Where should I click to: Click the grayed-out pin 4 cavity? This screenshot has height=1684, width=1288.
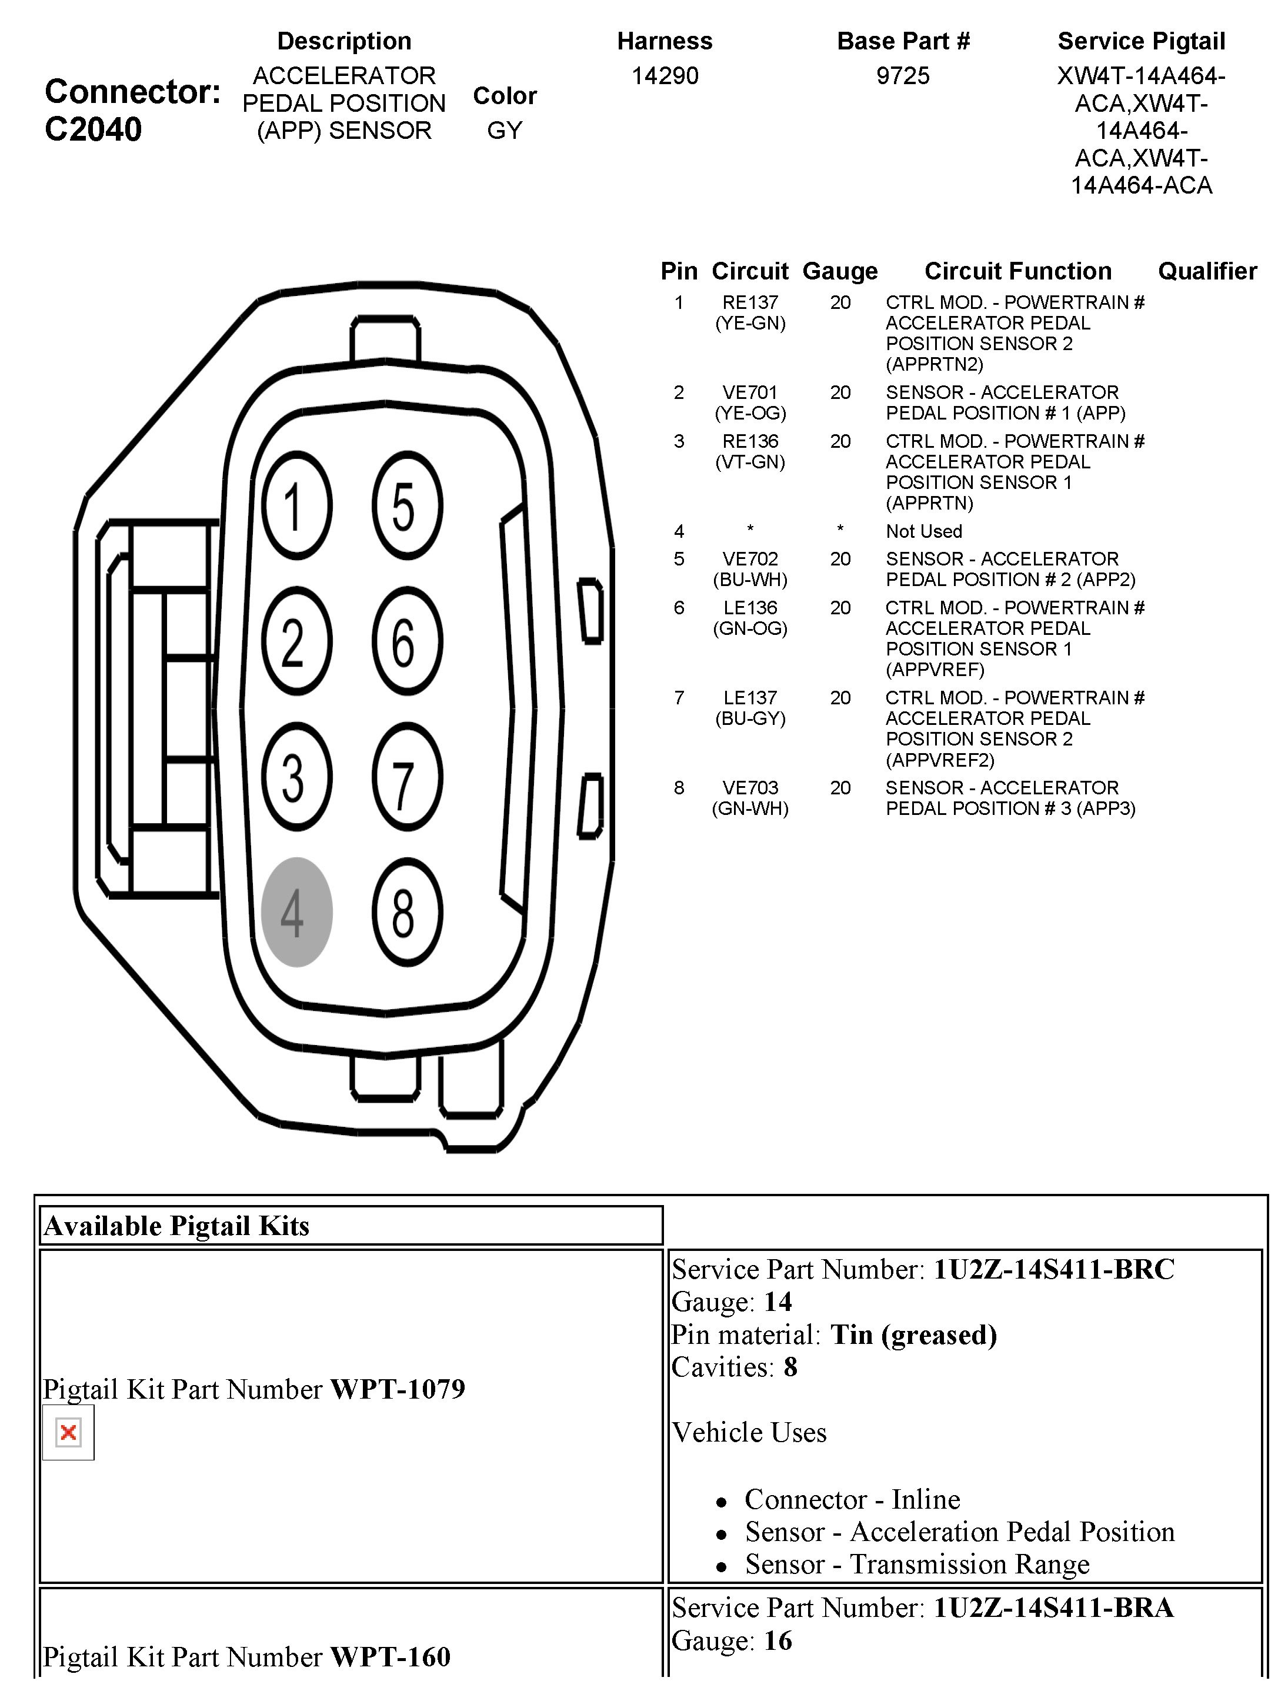pyautogui.click(x=296, y=912)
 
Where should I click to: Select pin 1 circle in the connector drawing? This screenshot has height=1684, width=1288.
pyautogui.click(x=296, y=505)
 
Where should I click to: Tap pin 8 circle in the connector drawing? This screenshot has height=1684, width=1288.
pyautogui.click(x=407, y=912)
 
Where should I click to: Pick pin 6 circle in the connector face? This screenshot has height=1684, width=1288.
pyautogui.click(x=407, y=641)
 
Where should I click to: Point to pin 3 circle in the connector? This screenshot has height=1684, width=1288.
pyautogui.click(x=296, y=777)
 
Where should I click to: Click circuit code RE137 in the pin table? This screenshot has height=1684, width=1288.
pyautogui.click(x=750, y=303)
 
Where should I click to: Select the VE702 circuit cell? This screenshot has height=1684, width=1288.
pyautogui.click(x=750, y=559)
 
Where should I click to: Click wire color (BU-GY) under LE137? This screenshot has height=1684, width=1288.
pyautogui.click(x=750, y=718)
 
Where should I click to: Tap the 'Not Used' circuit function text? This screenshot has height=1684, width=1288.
pyautogui.click(x=923, y=531)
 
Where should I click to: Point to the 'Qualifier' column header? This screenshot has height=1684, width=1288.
pyautogui.click(x=1207, y=271)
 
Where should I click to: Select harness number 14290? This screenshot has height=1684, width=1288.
pyautogui.click(x=665, y=76)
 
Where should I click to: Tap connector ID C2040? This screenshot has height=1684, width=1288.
pyautogui.click(x=93, y=129)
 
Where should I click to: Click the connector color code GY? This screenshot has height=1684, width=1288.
pyautogui.click(x=505, y=131)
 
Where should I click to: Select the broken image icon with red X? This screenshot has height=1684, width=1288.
pyautogui.click(x=68, y=1433)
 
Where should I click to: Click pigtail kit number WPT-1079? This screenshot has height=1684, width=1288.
pyautogui.click(x=397, y=1389)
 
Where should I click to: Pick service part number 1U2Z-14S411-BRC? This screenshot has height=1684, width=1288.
pyautogui.click(x=1053, y=1270)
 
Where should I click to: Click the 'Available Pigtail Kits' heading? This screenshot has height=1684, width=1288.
pyautogui.click(x=176, y=1226)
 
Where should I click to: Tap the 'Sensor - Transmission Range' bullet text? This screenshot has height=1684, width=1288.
pyautogui.click(x=917, y=1565)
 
